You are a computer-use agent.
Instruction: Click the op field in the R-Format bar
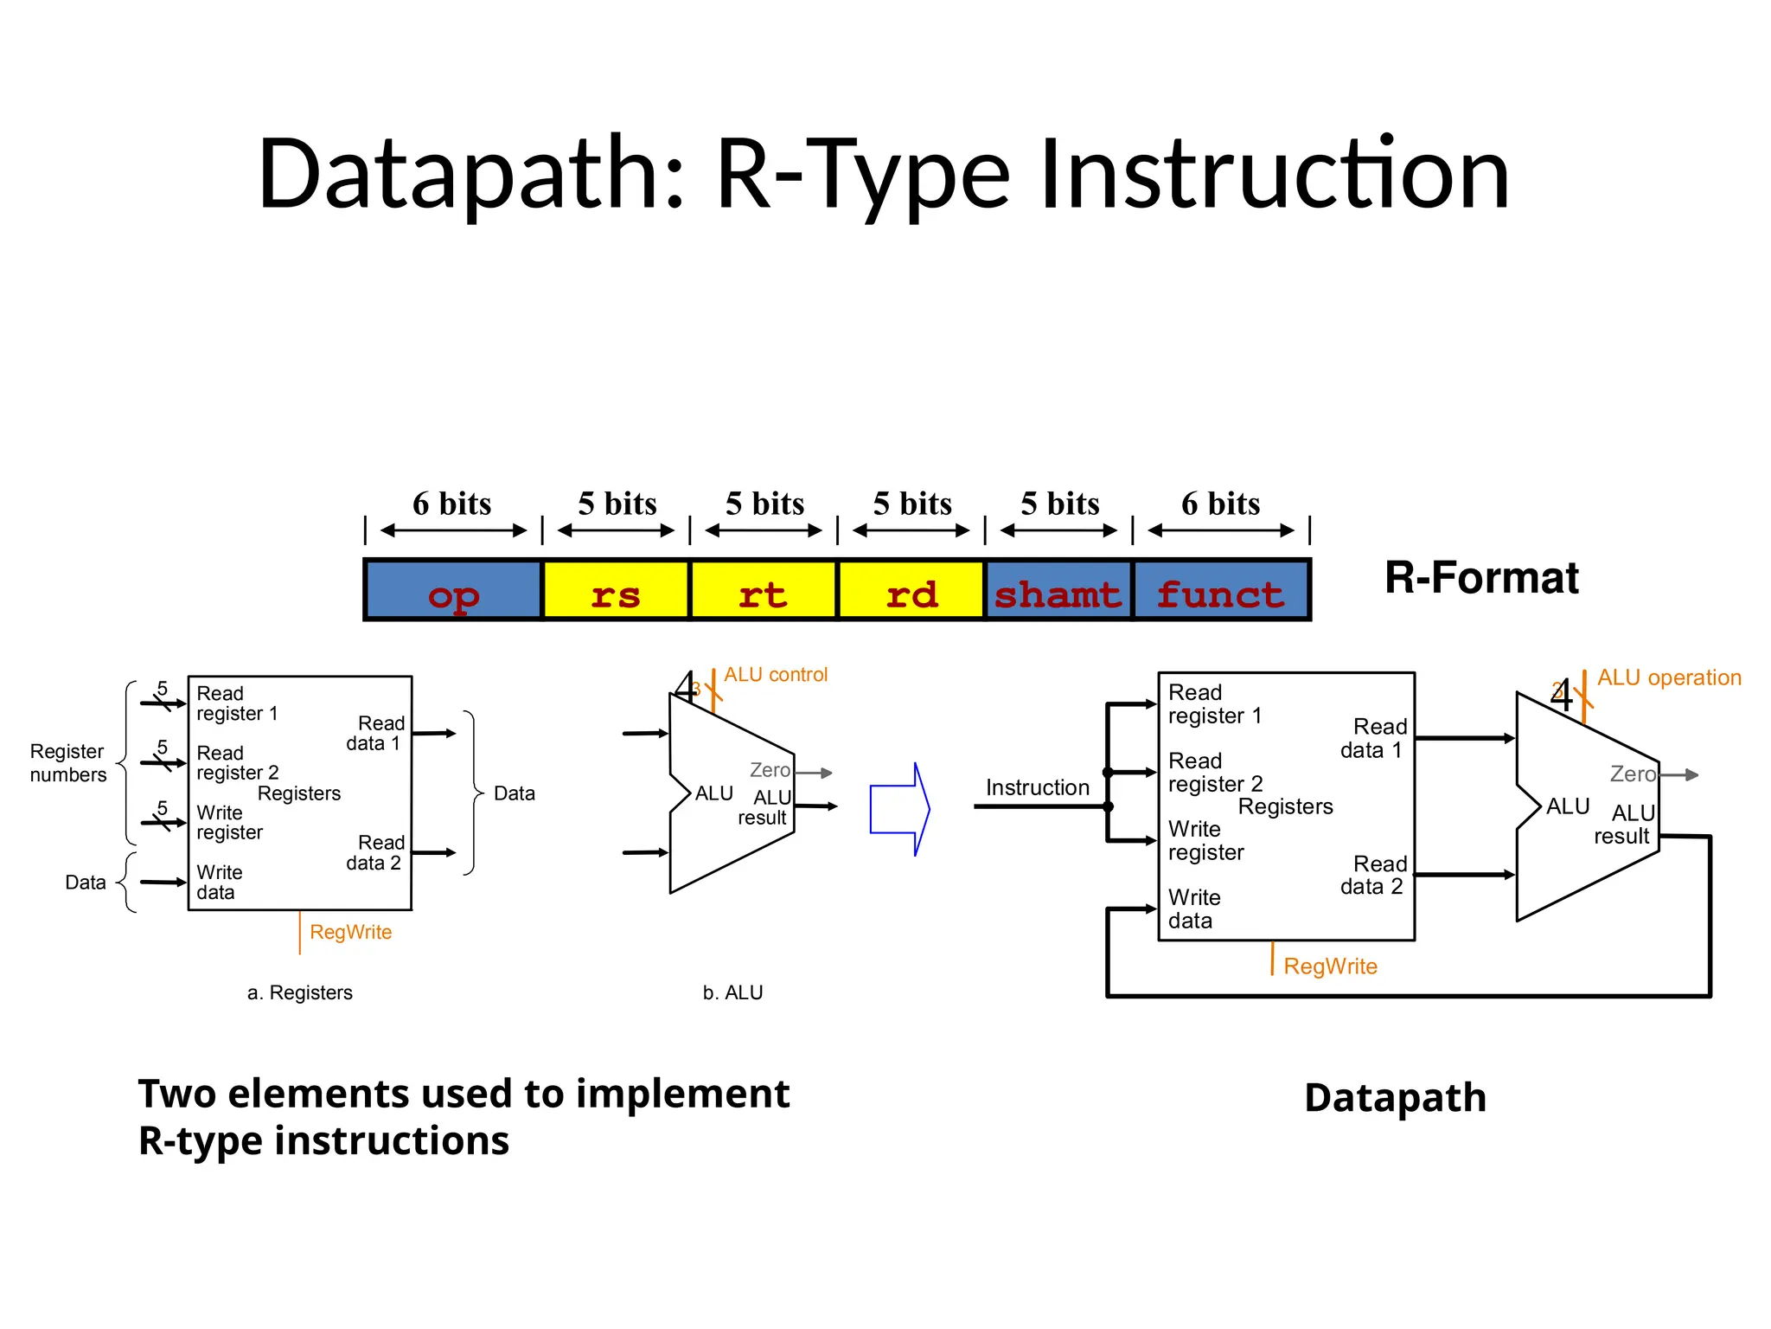pyautogui.click(x=453, y=591)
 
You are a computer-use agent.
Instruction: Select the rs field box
pyautogui.click(x=616, y=591)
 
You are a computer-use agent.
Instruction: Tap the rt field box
pyautogui.click(x=763, y=591)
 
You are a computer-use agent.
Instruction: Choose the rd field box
pyautogui.click(x=911, y=591)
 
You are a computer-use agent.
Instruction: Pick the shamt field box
pyautogui.click(x=1058, y=591)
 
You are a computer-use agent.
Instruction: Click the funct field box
pyautogui.click(x=1220, y=591)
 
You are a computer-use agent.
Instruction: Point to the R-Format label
pyautogui.click(x=1480, y=578)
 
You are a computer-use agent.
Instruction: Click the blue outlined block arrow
pyautogui.click(x=899, y=809)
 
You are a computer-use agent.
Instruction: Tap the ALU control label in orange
pyautogui.click(x=775, y=675)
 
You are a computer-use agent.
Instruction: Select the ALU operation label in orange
pyautogui.click(x=1668, y=677)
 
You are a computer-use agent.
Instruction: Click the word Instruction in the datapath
pyautogui.click(x=1037, y=787)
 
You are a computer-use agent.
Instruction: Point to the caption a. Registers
pyautogui.click(x=299, y=992)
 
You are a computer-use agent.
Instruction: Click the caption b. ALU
pyautogui.click(x=732, y=992)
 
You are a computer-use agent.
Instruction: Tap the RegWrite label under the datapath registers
pyautogui.click(x=1329, y=966)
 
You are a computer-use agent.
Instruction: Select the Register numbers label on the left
pyautogui.click(x=67, y=763)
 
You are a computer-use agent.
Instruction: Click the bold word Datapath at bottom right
pyautogui.click(x=1395, y=1097)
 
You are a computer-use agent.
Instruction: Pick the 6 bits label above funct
pyautogui.click(x=1220, y=504)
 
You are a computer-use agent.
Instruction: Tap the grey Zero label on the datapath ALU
pyautogui.click(x=1632, y=774)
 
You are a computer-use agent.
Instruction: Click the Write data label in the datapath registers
pyautogui.click(x=1193, y=909)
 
